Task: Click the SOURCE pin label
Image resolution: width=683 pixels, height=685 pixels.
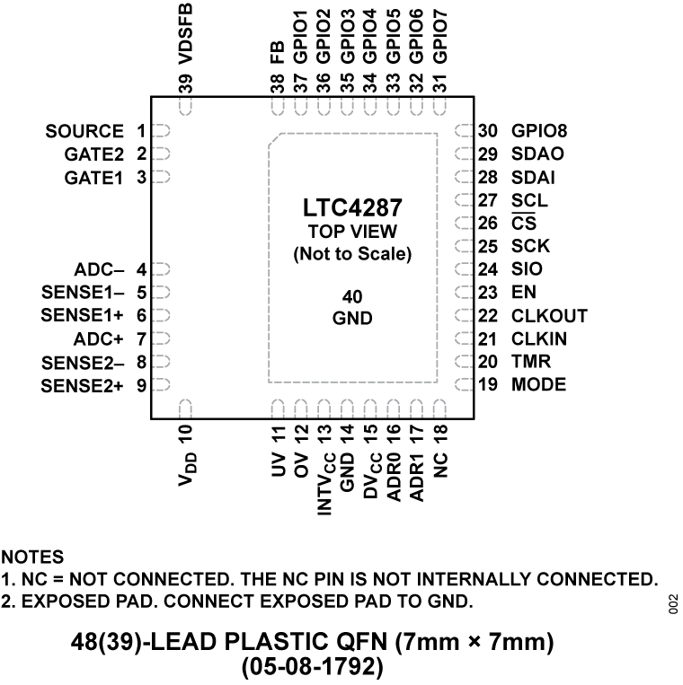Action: pos(84,131)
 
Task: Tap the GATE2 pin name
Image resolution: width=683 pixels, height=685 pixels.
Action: pos(94,154)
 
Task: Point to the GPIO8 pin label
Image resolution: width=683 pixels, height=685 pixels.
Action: pos(539,131)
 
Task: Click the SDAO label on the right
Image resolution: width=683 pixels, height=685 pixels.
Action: pos(537,154)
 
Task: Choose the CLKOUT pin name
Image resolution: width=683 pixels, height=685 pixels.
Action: pos(549,316)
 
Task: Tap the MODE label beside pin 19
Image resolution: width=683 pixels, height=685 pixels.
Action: pos(538,385)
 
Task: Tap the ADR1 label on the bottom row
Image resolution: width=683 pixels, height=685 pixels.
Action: pos(416,478)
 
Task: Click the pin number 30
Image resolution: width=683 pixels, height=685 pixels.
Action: pos(487,131)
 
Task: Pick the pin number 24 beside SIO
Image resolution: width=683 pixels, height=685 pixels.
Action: pos(487,269)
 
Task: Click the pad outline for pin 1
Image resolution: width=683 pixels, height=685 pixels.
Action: pos(161,131)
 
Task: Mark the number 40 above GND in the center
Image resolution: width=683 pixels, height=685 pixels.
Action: pos(352,296)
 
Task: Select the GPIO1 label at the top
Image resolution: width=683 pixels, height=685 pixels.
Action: pos(301,38)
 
